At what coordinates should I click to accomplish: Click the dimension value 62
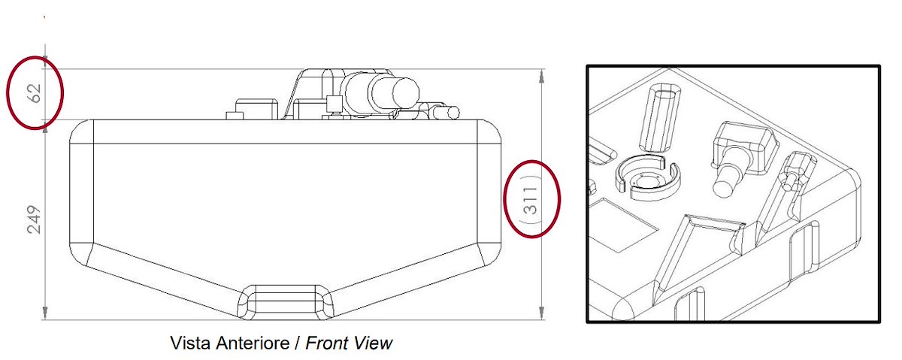35,93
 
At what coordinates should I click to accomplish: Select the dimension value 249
35,219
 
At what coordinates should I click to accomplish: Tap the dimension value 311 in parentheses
531,200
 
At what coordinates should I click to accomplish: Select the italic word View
373,343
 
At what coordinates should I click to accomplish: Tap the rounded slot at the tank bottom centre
286,302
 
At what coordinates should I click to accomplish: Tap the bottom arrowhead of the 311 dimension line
542,311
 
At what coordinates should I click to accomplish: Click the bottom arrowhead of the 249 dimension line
45,312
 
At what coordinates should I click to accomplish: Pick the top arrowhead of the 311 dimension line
542,76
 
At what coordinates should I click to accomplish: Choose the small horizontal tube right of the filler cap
446,113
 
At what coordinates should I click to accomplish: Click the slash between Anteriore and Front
298,343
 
